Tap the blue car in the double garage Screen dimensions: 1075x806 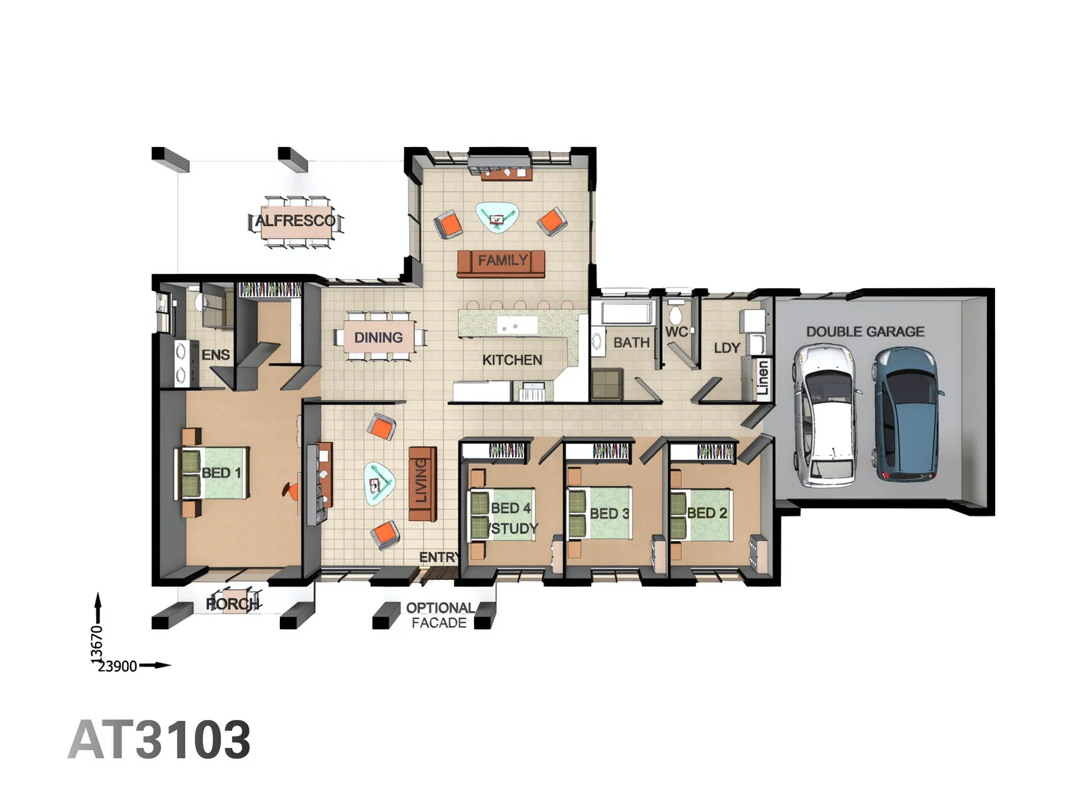click(908, 414)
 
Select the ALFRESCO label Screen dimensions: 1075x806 click(296, 221)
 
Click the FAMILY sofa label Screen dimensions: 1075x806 click(503, 260)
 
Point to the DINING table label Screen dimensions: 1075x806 click(378, 337)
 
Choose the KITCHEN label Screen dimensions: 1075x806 click(512, 360)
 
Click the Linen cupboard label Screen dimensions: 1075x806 click(762, 378)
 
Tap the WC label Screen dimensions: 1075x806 click(676, 332)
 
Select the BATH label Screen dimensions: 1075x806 click(632, 343)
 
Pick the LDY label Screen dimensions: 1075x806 click(727, 348)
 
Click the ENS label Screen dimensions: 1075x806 click(216, 354)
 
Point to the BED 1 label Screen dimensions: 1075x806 click(222, 472)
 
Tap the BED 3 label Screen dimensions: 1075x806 click(610, 513)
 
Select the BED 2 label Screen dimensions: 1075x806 click(707, 513)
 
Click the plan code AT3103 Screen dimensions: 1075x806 click(159, 740)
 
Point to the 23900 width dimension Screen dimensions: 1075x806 click(117, 666)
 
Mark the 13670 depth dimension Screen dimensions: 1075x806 click(97, 645)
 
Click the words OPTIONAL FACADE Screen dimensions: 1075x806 click(440, 615)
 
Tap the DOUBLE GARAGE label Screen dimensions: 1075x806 click(865, 331)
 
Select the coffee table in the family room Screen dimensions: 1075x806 click(497, 216)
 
